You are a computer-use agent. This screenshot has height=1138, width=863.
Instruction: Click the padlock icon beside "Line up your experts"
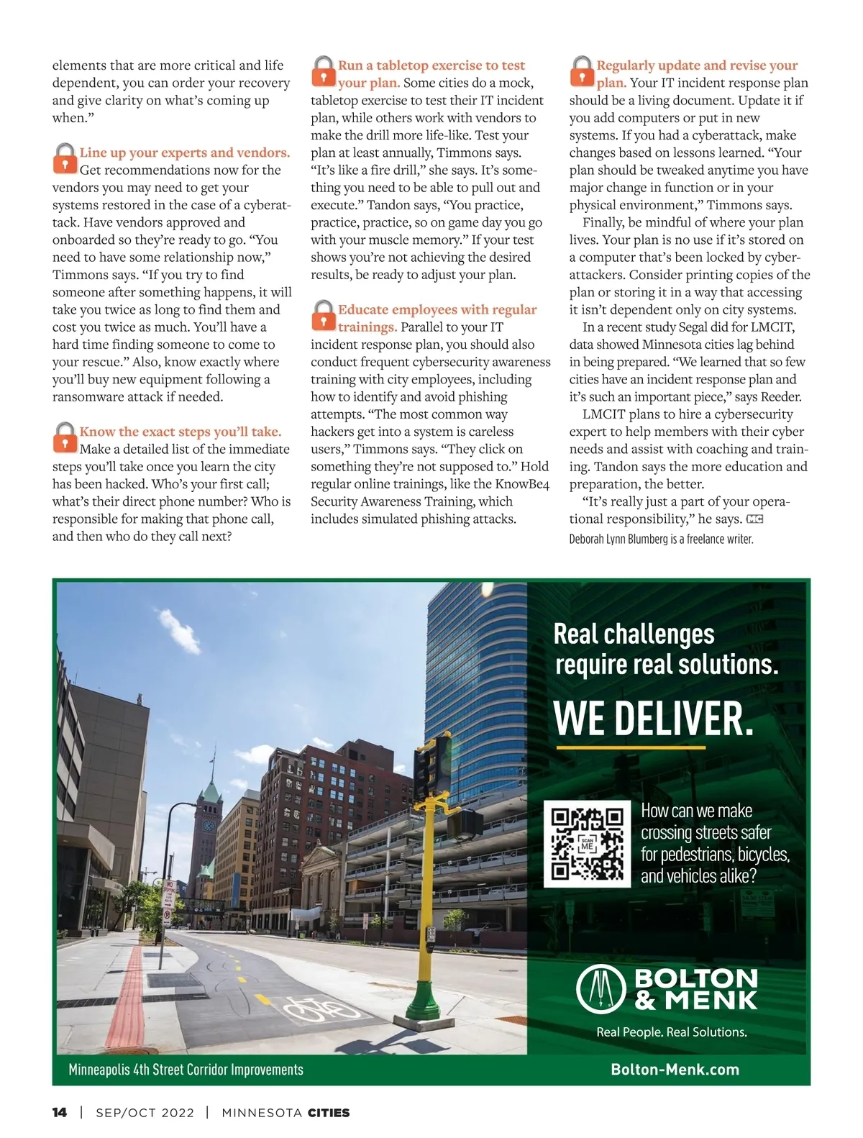point(65,158)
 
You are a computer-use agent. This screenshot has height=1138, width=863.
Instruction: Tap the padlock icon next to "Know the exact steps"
point(65,437)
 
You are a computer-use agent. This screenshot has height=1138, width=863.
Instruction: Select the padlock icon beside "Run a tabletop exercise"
point(324,71)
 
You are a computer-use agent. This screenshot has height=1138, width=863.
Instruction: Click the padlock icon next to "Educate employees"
point(324,316)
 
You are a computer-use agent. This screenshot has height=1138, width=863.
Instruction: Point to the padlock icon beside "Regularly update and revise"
point(582,71)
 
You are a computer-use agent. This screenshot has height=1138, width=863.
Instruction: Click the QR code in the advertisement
point(587,844)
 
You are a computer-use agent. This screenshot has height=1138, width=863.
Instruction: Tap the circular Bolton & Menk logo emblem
point(602,989)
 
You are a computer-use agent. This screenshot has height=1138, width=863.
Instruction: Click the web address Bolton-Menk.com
point(675,1070)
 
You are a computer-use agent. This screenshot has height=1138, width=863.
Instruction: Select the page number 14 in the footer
point(60,1112)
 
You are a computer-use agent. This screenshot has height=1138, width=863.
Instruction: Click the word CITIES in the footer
point(329,1113)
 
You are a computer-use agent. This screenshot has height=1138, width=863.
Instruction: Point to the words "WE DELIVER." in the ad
point(653,718)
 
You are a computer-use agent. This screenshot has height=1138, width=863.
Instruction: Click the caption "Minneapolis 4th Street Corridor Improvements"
point(186,1070)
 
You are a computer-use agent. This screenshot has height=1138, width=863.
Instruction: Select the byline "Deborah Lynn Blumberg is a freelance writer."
point(661,539)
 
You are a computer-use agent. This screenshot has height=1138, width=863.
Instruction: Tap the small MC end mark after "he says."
point(754,519)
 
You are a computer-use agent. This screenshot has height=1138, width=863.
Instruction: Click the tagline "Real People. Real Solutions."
point(672,1032)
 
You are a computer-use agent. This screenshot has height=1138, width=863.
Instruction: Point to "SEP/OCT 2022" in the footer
point(145,1113)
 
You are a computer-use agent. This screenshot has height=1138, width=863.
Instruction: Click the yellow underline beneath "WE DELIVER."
point(631,748)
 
